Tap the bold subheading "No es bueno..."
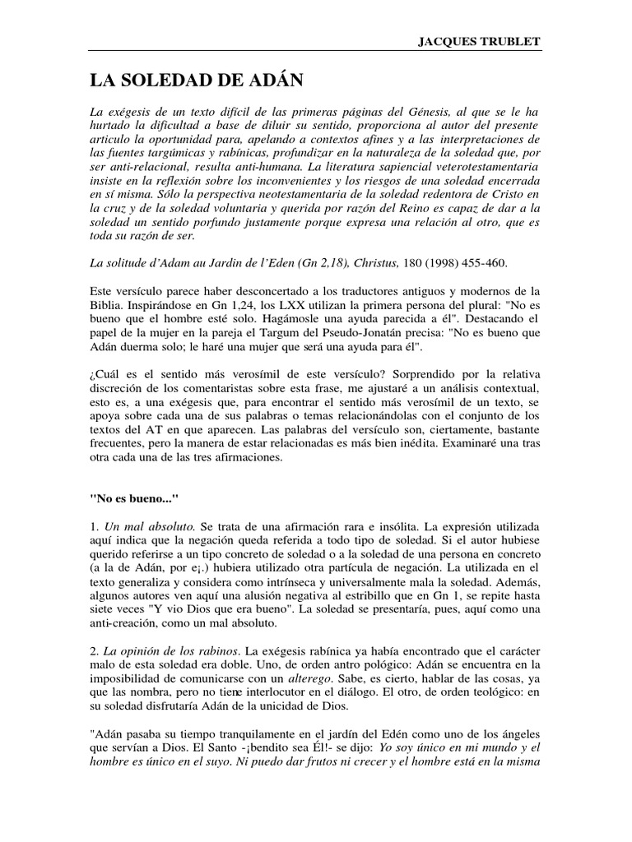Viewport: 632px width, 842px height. [127, 496]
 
